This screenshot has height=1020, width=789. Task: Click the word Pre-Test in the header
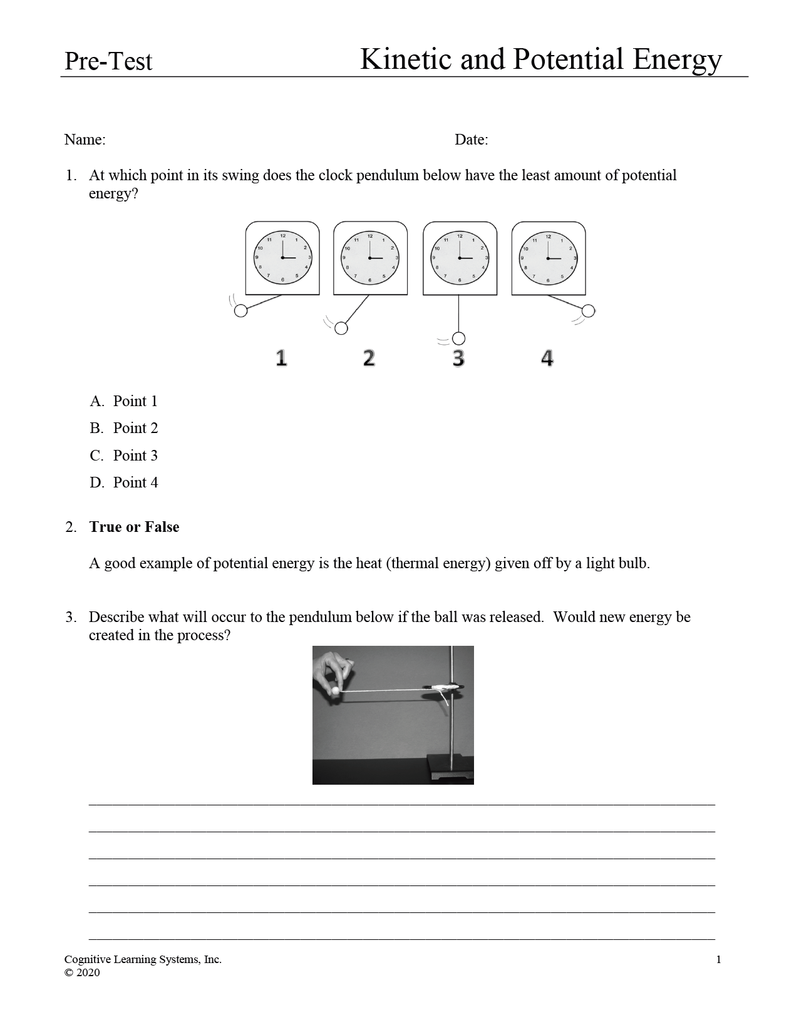(x=108, y=61)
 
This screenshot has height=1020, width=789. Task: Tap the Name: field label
(x=85, y=140)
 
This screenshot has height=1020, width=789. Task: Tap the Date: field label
(x=471, y=140)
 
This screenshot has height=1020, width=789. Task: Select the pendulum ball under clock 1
(x=240, y=311)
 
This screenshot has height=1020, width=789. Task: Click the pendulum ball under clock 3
(x=459, y=339)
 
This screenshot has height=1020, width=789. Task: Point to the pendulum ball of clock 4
(x=588, y=311)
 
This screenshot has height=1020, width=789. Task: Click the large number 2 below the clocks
(x=369, y=358)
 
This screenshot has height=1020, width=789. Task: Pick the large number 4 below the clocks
(x=547, y=358)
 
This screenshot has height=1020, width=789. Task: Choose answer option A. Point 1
(x=124, y=401)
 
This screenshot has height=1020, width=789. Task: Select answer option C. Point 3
(x=124, y=456)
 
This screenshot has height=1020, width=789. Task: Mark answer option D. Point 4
(x=124, y=482)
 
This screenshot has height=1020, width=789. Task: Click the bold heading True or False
(x=134, y=527)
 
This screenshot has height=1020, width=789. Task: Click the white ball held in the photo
(x=336, y=691)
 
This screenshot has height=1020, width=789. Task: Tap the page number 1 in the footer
(x=718, y=960)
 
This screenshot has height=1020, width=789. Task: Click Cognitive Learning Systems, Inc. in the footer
(x=143, y=960)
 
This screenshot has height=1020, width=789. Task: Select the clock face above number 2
(x=370, y=258)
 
